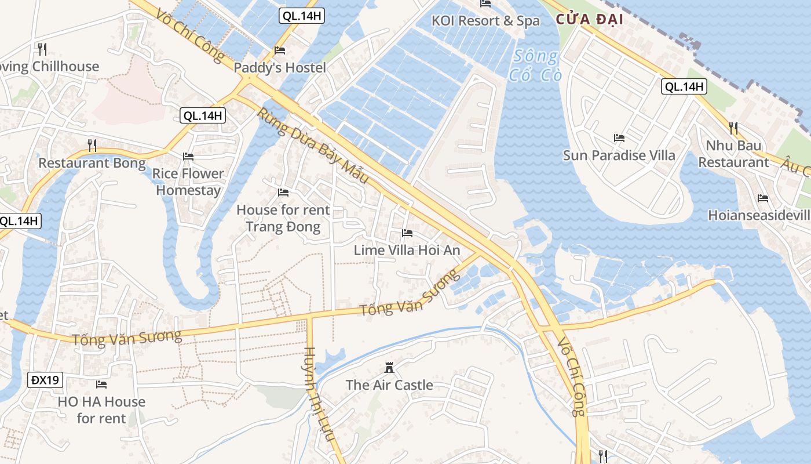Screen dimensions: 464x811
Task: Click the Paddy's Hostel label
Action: point(280,67)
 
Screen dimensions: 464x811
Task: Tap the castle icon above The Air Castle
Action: point(389,368)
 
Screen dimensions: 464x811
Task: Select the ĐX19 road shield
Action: point(45,380)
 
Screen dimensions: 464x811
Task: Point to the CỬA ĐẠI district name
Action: point(589,19)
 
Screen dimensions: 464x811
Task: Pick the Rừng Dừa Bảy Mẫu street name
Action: point(313,146)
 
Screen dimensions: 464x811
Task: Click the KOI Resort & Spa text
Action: point(485,21)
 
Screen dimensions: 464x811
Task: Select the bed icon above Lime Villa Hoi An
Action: point(407,233)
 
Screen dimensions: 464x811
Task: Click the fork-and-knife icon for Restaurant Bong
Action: point(92,144)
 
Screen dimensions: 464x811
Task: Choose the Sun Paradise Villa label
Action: point(619,155)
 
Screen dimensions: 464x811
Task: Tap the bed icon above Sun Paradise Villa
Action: point(619,138)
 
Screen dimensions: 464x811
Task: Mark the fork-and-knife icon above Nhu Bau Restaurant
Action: point(733,128)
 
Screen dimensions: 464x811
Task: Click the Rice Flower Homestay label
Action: point(188,182)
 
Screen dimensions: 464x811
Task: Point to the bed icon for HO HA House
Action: point(101,384)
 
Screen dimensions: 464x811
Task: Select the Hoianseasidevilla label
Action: point(759,215)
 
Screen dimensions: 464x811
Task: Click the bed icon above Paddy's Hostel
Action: point(280,50)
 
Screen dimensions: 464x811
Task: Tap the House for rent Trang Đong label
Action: point(283,218)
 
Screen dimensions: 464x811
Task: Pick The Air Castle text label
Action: point(389,385)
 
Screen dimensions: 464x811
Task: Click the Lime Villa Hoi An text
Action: point(407,251)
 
